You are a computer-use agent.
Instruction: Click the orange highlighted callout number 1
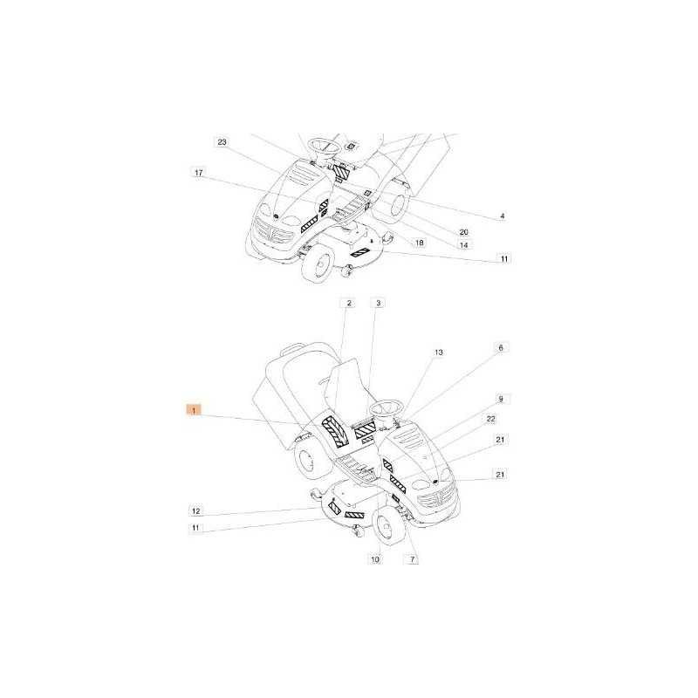[194, 409]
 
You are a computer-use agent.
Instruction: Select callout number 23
[222, 142]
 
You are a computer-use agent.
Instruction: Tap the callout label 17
[199, 173]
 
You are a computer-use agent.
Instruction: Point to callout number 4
[503, 216]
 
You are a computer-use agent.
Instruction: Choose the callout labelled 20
[464, 232]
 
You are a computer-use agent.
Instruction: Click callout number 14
[464, 245]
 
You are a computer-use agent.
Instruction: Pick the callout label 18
[419, 243]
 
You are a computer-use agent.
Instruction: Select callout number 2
[349, 303]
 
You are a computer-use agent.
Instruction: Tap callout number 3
[379, 303]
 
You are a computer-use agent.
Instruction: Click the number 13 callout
[439, 352]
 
